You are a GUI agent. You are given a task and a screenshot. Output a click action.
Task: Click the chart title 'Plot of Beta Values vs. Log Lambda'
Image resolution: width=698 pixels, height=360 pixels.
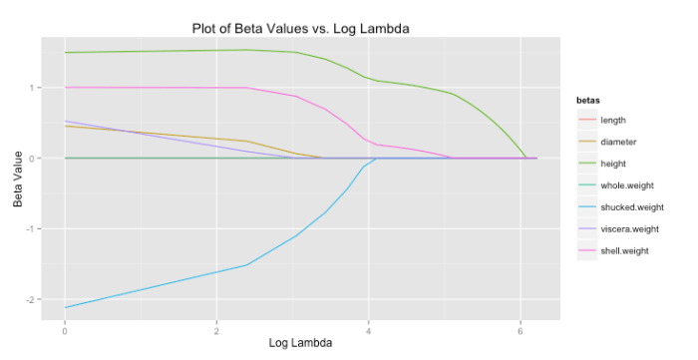[300, 28]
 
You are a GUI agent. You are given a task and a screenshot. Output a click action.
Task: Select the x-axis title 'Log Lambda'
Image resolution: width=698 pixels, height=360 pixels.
[300, 342]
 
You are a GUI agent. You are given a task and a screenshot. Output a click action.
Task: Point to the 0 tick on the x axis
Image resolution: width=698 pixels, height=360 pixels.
[65, 328]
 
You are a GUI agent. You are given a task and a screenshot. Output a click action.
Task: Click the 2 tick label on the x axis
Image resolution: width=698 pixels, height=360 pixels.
[216, 328]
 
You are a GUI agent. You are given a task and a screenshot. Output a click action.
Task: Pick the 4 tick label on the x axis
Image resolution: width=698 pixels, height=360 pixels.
[369, 328]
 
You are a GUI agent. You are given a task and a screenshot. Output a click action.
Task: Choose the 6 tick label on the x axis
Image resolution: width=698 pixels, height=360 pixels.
[521, 328]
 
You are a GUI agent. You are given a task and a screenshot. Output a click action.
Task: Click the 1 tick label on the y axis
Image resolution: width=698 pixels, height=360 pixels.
[33, 88]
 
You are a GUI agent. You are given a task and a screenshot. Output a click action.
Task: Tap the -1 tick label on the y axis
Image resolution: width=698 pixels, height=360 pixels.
[31, 229]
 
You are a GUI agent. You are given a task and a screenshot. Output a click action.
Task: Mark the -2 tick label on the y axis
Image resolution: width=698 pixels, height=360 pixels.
[31, 300]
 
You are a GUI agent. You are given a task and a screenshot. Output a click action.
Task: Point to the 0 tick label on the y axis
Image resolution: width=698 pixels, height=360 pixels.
[33, 159]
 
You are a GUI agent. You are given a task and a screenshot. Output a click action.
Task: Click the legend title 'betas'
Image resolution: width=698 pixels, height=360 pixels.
[576, 101]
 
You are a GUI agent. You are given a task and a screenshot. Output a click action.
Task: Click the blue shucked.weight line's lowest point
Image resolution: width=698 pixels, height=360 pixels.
[65, 307]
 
